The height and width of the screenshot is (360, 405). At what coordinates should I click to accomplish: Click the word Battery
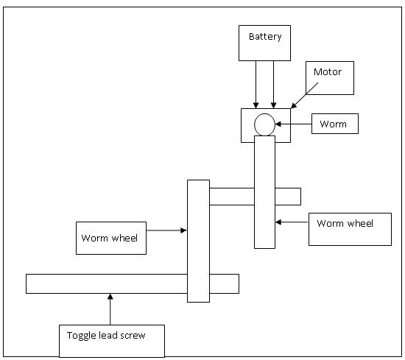tap(265, 37)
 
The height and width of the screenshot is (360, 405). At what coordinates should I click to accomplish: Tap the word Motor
tap(328, 72)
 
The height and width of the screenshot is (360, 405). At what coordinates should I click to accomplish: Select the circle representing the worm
tap(264, 124)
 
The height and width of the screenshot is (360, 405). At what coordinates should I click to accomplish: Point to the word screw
tap(133, 336)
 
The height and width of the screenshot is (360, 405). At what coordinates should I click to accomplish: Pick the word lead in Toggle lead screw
tap(108, 335)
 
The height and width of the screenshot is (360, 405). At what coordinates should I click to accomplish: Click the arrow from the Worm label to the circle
tap(293, 124)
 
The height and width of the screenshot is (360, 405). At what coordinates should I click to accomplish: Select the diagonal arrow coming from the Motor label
tap(304, 95)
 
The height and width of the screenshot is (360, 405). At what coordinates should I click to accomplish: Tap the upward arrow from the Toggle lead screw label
tap(110, 309)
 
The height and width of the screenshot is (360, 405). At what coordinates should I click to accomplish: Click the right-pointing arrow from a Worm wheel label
tap(166, 230)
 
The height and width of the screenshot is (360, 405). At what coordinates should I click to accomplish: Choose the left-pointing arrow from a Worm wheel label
tap(292, 222)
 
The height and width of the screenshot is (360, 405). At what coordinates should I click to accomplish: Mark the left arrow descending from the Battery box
tap(256, 85)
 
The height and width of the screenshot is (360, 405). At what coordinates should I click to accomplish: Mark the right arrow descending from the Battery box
tap(273, 85)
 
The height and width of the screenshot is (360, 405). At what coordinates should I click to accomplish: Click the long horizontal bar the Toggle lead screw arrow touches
tap(107, 284)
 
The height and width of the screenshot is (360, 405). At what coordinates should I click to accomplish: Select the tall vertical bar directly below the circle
tap(265, 192)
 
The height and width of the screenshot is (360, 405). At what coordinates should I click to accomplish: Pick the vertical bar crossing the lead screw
tap(198, 241)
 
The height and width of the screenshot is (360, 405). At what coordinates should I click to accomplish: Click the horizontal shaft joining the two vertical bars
tap(232, 197)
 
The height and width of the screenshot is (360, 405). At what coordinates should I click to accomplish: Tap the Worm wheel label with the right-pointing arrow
tap(111, 238)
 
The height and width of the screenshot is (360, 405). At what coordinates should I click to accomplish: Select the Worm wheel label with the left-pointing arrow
tap(350, 230)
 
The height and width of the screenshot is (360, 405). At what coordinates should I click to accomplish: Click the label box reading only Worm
tap(335, 124)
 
